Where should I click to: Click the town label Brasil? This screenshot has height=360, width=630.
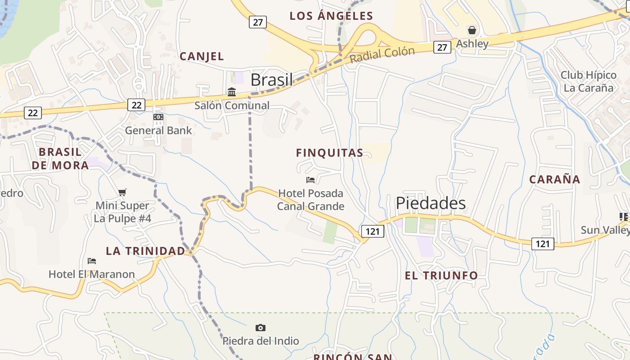(x=271, y=80)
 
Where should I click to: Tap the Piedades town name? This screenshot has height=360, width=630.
(x=431, y=203)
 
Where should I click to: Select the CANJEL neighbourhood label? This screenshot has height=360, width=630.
(x=202, y=56)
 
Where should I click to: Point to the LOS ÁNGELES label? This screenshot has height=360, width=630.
(x=331, y=16)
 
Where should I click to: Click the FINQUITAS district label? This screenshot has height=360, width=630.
(x=329, y=153)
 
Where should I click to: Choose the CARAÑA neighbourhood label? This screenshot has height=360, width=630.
(x=554, y=180)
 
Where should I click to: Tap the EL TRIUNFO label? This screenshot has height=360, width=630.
(x=441, y=275)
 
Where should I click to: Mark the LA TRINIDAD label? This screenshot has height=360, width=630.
(x=145, y=251)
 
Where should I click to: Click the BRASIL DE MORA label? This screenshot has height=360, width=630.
(x=60, y=158)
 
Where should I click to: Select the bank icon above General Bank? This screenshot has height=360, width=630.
(x=158, y=117)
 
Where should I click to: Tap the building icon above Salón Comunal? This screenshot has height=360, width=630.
(x=232, y=92)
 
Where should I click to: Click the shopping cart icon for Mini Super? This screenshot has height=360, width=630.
(x=122, y=193)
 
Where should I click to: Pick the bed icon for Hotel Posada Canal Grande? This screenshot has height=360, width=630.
(x=310, y=180)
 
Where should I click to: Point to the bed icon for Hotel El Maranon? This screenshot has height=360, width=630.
(x=92, y=261)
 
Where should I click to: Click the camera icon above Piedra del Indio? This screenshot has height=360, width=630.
(x=261, y=328)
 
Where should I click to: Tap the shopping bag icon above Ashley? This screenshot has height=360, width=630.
(x=472, y=30)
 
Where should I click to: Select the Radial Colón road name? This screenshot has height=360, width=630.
(x=382, y=54)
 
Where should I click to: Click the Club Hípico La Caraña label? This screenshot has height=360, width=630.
(x=588, y=81)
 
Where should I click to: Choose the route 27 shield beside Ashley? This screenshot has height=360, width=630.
(x=442, y=47)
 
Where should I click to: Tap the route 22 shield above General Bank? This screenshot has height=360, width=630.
(x=136, y=105)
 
